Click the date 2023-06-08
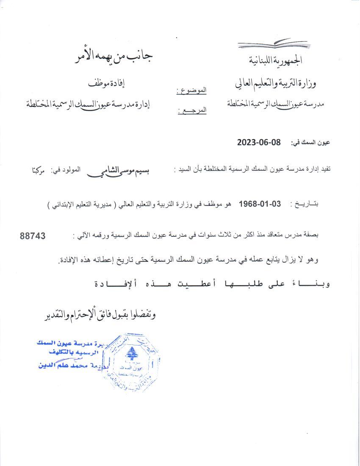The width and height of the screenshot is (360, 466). pyautogui.click(x=259, y=142)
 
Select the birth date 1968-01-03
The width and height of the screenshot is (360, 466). pyautogui.click(x=260, y=203)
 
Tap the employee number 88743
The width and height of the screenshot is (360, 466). pyautogui.click(x=33, y=236)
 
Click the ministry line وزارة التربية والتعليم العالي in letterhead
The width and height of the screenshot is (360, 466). pyautogui.click(x=277, y=83)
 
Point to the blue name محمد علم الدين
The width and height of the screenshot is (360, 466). pyautogui.click(x=77, y=364)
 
